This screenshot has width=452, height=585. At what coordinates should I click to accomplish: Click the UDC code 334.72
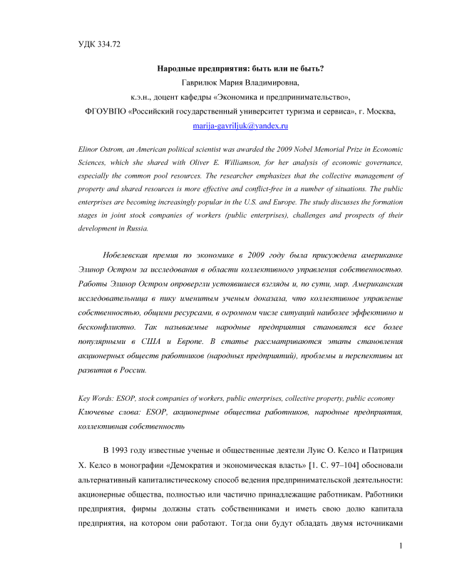point(108,45)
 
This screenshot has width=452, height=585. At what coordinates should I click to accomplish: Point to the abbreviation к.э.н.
point(143,97)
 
